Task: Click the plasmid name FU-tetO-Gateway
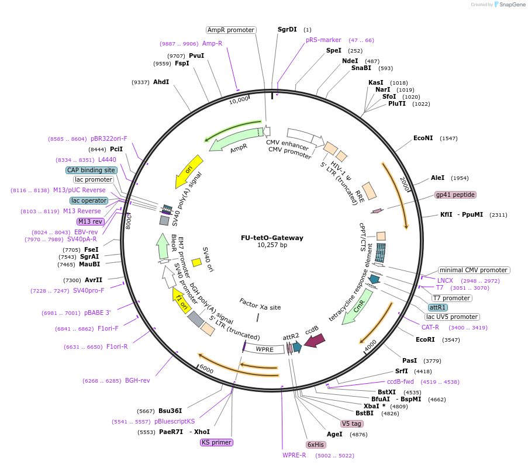(264, 238)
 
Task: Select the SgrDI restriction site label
(287, 29)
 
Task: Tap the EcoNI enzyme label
(423, 138)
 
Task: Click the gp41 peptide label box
(455, 195)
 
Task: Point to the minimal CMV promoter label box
(474, 270)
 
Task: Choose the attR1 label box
(438, 307)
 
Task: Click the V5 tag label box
(352, 424)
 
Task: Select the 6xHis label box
(316, 445)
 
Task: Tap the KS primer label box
(216, 442)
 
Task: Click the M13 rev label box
(90, 221)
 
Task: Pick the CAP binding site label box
(91, 170)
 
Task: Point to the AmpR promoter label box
(231, 30)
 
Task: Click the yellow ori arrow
(189, 171)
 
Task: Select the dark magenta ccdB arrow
(315, 340)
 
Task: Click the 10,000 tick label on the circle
(239, 100)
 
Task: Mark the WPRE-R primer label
(294, 455)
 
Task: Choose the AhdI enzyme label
(161, 82)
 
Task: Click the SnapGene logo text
(511, 5)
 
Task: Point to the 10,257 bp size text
(264, 245)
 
